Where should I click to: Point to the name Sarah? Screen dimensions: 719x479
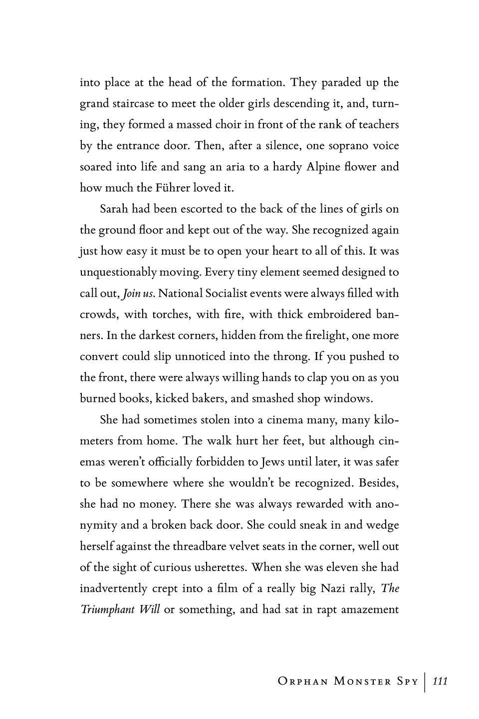(114, 209)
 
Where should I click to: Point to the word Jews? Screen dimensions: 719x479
(272, 462)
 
